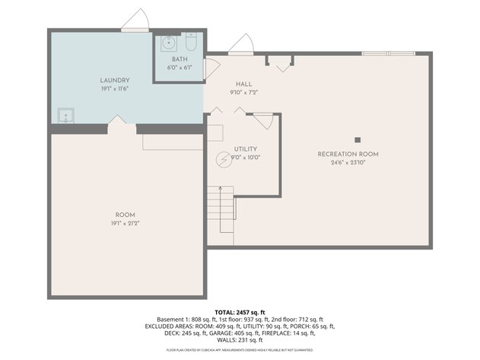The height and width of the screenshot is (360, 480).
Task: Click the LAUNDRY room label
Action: tap(115, 80)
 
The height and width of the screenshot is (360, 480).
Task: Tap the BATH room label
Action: tap(180, 59)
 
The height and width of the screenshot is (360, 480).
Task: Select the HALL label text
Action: tap(243, 84)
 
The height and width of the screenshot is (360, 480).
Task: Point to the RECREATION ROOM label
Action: tap(348, 155)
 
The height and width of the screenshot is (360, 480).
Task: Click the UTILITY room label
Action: tap(245, 149)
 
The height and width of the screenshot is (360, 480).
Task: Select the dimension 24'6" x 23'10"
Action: tap(348, 163)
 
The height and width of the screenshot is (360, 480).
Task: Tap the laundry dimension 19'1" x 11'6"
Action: tap(115, 88)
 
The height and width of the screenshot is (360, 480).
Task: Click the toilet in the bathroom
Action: tap(190, 43)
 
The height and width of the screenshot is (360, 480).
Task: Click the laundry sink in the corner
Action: tap(66, 116)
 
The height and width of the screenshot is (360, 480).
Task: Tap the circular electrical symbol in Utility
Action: tap(224, 159)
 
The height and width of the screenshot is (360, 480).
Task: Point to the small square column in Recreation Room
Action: tap(357, 139)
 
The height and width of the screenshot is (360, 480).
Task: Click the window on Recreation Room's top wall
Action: tap(388, 53)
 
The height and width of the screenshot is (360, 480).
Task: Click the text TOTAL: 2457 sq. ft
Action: tap(240, 313)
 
